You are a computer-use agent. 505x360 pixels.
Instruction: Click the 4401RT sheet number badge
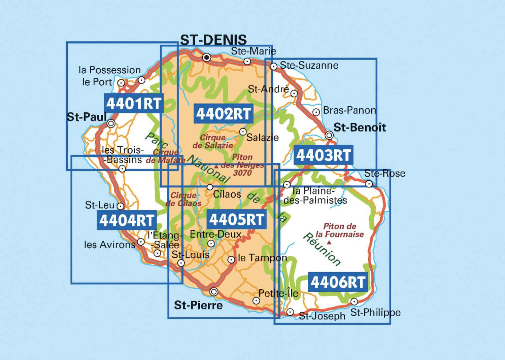tap(134, 103)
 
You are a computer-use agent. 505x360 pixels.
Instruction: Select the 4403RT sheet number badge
tap(324, 155)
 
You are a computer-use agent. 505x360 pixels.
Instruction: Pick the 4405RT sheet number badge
tap(237, 219)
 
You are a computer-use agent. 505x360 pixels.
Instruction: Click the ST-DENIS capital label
tap(213, 40)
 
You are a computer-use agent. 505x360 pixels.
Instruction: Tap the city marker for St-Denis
tap(207, 57)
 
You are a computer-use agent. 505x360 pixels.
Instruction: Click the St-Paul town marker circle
tap(111, 123)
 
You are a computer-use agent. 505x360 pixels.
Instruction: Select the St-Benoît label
tap(360, 127)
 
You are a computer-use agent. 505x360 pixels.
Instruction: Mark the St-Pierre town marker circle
tap(213, 292)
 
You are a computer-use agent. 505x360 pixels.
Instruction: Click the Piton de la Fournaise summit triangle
tap(329, 242)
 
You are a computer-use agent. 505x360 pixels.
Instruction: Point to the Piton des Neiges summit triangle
tap(216, 166)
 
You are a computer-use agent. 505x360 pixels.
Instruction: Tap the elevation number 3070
tap(242, 173)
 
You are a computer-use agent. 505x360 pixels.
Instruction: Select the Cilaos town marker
tap(210, 187)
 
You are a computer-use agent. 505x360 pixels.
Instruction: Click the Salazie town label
tap(263, 137)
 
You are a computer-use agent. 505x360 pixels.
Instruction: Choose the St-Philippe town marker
tap(354, 301)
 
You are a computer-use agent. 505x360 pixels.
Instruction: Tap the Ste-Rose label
tap(384, 173)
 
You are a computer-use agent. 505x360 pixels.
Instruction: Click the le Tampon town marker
tap(231, 259)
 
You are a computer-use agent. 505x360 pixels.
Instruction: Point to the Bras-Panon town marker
tap(316, 112)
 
